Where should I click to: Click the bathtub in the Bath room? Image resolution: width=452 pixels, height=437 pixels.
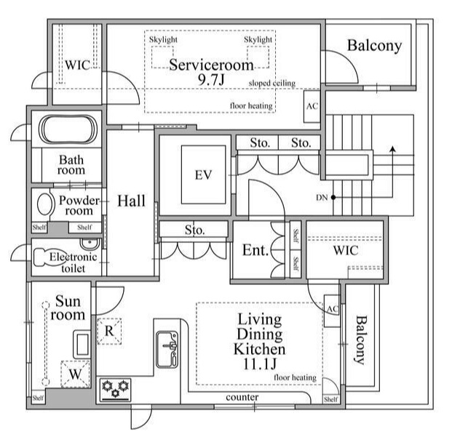[x=68, y=129]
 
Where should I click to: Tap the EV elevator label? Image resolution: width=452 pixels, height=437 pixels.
[x=203, y=175]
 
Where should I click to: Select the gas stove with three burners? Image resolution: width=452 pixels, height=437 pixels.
[x=115, y=390]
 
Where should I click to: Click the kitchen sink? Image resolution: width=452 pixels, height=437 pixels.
[x=167, y=349]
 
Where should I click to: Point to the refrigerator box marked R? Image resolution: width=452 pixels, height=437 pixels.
[x=109, y=331]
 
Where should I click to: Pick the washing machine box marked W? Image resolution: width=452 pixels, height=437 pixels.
[x=75, y=374]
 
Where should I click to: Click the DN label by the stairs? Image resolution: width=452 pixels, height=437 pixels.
[x=322, y=198]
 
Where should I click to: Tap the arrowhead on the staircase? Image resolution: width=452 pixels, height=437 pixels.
[x=392, y=148]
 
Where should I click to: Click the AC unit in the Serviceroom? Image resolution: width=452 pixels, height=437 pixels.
[x=312, y=106]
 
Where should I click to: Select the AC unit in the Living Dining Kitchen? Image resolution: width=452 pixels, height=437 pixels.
[x=332, y=311]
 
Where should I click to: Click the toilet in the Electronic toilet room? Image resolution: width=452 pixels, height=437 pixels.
[x=46, y=257]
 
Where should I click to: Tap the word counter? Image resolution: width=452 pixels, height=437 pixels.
[x=242, y=397]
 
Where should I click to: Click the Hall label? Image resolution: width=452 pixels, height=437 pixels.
[x=131, y=201]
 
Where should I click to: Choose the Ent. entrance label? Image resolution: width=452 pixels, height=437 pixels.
[x=255, y=250]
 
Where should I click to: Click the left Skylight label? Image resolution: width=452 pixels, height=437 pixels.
[x=163, y=40]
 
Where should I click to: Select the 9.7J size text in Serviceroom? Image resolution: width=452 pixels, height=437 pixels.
[x=211, y=80]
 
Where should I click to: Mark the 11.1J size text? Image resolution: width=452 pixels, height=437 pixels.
[x=260, y=364]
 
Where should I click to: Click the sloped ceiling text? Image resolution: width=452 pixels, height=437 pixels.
[x=272, y=83]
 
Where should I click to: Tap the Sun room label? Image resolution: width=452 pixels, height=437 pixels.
[x=68, y=308]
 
